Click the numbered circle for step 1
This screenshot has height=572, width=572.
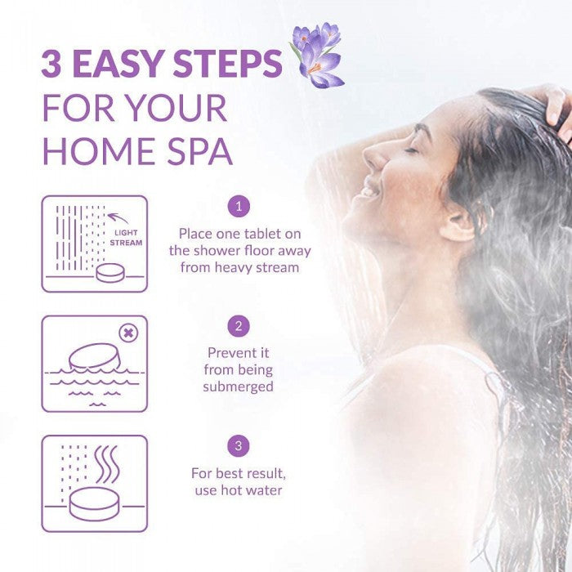pyautogui.click(x=239, y=207)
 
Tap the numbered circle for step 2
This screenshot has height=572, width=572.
pyautogui.click(x=239, y=326)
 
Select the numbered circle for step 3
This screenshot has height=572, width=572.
pyautogui.click(x=239, y=446)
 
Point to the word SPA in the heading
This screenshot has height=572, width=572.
pyautogui.click(x=200, y=151)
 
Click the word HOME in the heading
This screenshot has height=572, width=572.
pyautogui.click(x=101, y=151)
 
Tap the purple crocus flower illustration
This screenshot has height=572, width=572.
pyautogui.click(x=317, y=55)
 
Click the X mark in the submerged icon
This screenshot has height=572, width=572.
pyautogui.click(x=129, y=333)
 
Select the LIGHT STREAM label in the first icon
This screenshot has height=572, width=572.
pyautogui.click(x=126, y=238)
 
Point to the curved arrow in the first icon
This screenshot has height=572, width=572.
pyautogui.click(x=118, y=217)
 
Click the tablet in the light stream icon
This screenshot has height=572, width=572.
pyautogui.click(x=110, y=273)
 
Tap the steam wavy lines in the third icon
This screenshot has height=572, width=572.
pyautogui.click(x=107, y=465)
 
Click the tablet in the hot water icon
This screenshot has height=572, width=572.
pyautogui.click(x=94, y=504)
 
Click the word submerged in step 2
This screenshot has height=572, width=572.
pyautogui.click(x=239, y=387)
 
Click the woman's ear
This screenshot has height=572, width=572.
pyautogui.click(x=460, y=224)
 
